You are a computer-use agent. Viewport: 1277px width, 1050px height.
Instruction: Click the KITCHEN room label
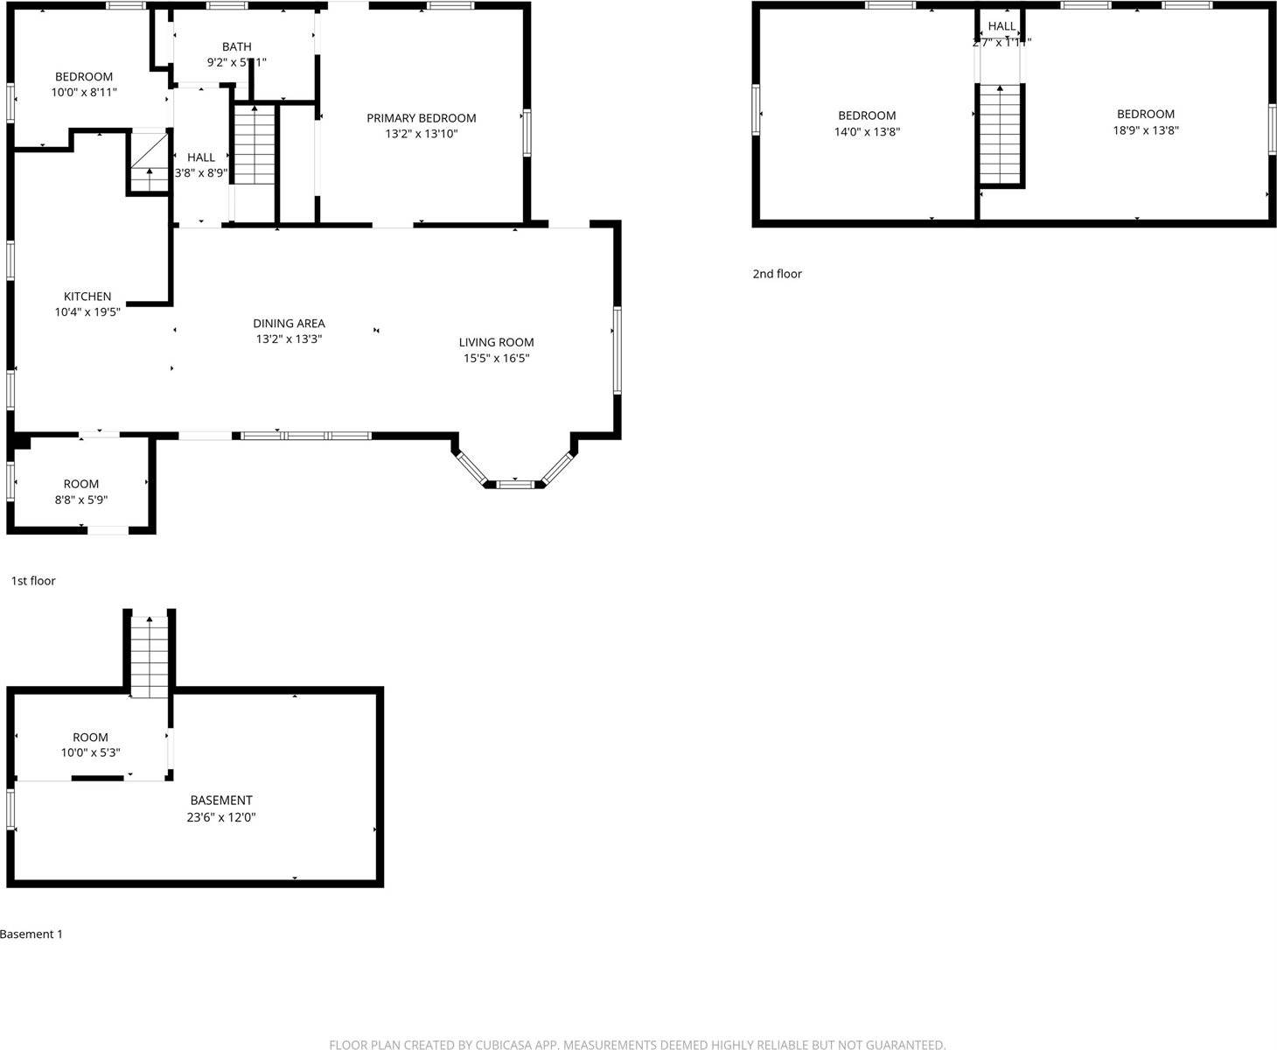(x=87, y=297)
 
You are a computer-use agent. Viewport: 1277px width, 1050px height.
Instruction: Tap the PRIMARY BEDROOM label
(x=421, y=118)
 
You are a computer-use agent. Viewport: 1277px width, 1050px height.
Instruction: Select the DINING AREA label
(x=289, y=324)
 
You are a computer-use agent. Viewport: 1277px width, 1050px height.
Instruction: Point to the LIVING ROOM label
(x=496, y=342)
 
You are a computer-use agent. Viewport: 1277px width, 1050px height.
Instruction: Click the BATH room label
(x=236, y=47)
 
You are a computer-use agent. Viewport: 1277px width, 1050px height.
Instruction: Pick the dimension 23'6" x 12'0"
(x=223, y=817)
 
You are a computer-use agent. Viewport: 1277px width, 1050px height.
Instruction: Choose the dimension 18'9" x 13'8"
(x=1146, y=130)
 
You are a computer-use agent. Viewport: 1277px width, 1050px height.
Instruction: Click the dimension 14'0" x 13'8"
(x=867, y=132)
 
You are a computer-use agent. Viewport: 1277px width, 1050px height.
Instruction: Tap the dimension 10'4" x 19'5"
(x=87, y=312)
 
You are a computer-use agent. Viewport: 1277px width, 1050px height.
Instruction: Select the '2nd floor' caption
(x=777, y=274)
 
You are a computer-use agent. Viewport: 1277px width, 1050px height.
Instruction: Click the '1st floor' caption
(x=33, y=581)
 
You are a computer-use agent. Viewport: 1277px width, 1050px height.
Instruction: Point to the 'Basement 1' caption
(x=31, y=934)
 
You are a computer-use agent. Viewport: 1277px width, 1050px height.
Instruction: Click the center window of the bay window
(x=514, y=483)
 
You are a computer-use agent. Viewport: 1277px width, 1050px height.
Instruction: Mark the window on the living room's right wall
(x=617, y=350)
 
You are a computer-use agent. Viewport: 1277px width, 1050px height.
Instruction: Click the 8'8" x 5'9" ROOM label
(x=81, y=485)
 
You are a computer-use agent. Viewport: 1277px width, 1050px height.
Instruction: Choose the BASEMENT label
(x=221, y=801)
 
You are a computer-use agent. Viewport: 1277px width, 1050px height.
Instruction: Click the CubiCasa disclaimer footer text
(x=638, y=1044)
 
